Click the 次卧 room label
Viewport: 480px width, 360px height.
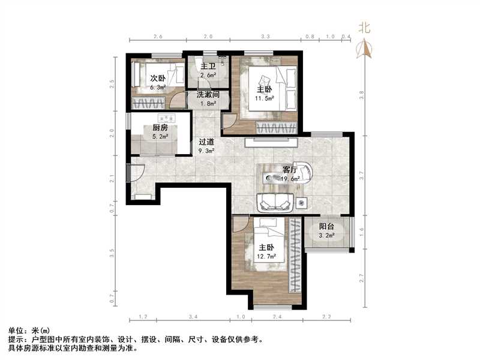[157, 78]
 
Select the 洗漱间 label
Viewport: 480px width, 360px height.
[208, 95]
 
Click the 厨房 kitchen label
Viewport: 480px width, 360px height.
[160, 128]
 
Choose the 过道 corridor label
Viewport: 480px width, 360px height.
[208, 142]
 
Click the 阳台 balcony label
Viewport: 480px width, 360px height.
[327, 227]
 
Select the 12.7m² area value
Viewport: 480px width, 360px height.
[265, 257]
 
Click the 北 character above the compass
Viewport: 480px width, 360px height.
[364, 28]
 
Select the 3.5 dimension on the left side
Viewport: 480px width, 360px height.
[112, 252]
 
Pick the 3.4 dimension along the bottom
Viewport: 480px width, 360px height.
[193, 316]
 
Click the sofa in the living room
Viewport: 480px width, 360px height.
[275, 203]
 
